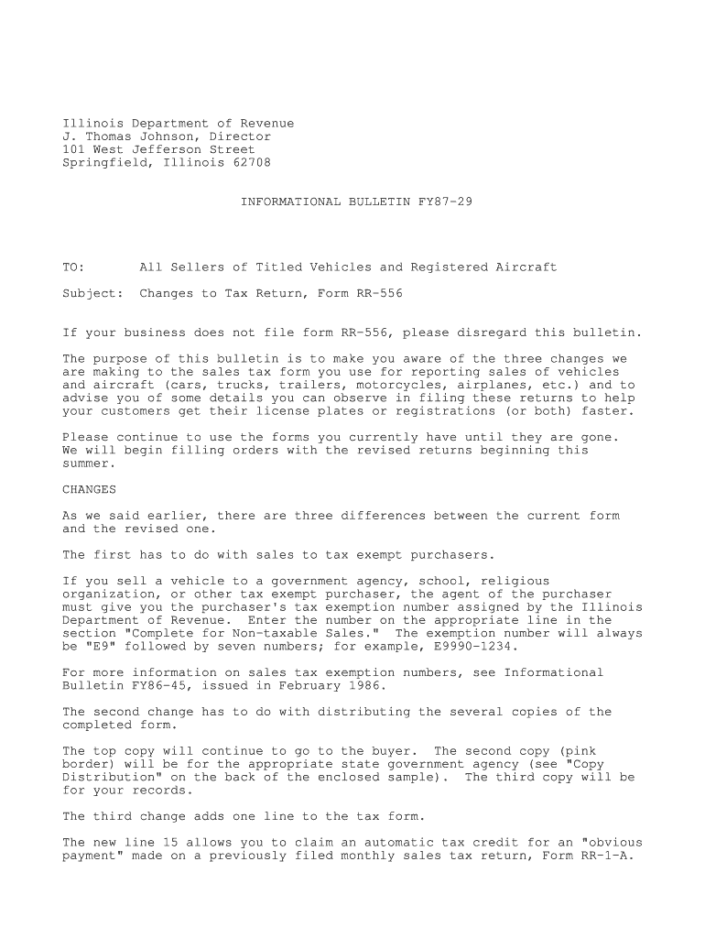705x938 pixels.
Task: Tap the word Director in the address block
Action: click(240, 136)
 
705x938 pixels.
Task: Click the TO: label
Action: click(73, 267)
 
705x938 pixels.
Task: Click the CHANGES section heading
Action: click(89, 489)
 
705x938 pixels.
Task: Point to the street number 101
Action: click(73, 149)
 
